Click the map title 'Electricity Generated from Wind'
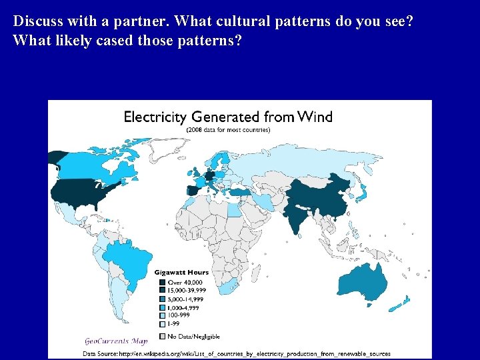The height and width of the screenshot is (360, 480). pos(228,117)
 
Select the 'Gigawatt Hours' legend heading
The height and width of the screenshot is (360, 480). pos(181,272)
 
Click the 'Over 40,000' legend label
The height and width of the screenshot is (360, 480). pos(185,283)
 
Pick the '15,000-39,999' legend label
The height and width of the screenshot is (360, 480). pos(187,291)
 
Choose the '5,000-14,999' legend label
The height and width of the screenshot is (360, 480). pos(187,298)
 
